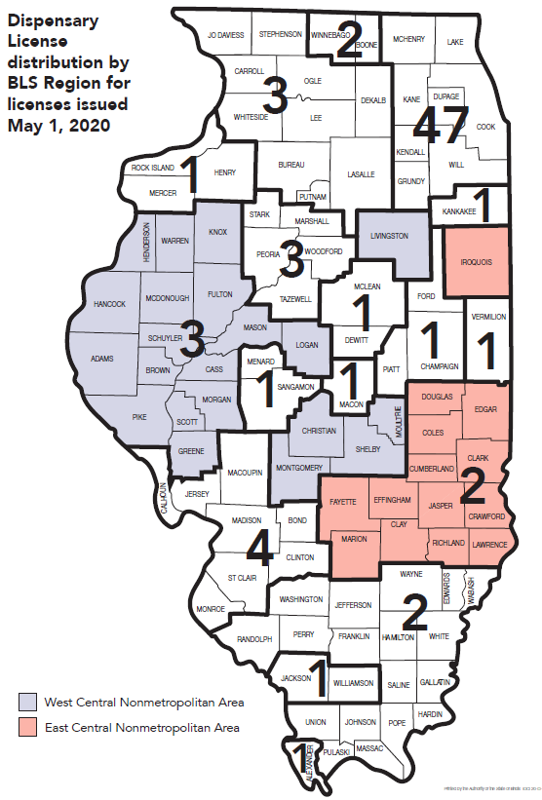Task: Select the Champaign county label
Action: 438,366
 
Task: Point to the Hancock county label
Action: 110,305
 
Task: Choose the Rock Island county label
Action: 153,168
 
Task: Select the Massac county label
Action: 369,747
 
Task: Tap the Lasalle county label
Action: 360,174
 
